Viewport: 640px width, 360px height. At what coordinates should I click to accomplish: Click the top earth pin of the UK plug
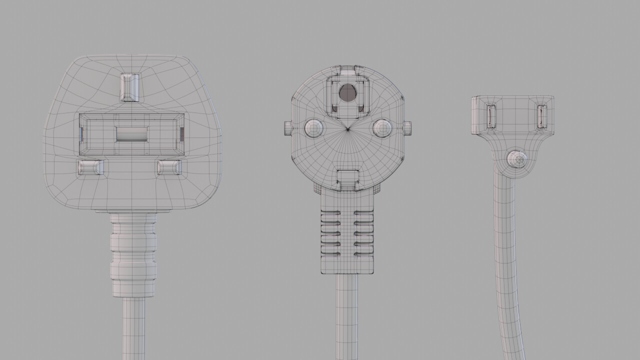coord(130,86)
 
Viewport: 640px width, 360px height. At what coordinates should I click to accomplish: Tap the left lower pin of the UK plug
coord(90,167)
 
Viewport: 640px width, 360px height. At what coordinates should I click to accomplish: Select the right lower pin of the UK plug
coord(169,167)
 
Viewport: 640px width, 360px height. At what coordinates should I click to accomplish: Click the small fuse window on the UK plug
coord(131,133)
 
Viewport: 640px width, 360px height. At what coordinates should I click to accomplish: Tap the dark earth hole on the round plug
coord(346,92)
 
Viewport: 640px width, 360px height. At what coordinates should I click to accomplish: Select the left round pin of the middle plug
coord(313,128)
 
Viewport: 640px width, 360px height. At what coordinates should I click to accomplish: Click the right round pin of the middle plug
coord(382,128)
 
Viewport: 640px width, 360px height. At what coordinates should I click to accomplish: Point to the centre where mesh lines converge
coord(348,129)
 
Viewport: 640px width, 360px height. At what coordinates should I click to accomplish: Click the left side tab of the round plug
coord(286,128)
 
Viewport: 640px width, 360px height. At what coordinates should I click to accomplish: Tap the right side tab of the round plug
coord(407,128)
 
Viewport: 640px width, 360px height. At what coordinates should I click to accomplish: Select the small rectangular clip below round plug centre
coord(348,179)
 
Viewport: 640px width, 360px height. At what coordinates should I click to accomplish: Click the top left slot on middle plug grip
coord(330,212)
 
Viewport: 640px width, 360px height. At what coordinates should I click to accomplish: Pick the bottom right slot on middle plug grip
coord(364,254)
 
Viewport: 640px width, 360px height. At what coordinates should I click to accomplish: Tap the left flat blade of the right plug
coord(490,116)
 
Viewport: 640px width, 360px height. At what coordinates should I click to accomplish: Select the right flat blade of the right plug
coord(541,116)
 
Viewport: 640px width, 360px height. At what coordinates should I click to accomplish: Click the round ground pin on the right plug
coord(516,159)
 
